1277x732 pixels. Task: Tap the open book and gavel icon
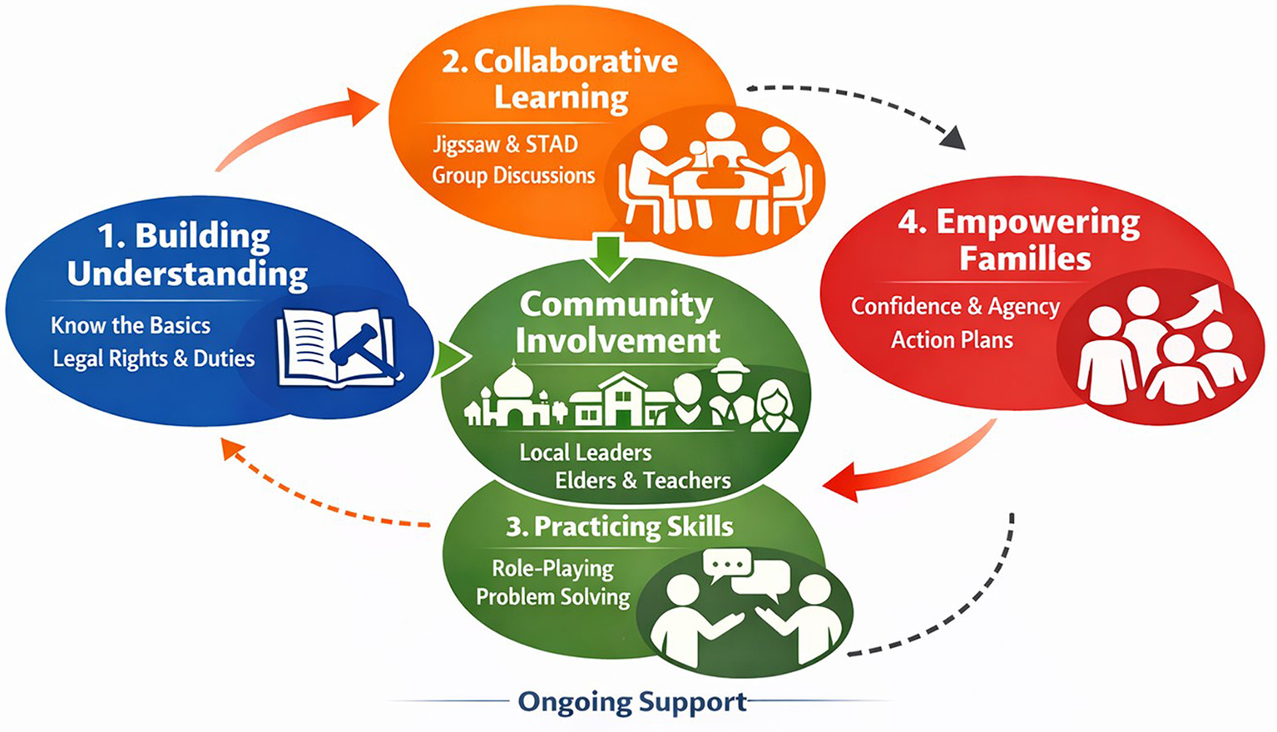coord(336,349)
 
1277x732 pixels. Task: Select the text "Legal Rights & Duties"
coord(154,359)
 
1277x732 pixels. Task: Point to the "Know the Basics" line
coord(131,325)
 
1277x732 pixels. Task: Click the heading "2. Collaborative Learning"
coord(560,79)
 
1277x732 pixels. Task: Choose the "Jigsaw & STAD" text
coord(505,145)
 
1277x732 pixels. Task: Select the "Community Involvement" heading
coord(616,322)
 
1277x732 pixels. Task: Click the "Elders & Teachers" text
coord(643,481)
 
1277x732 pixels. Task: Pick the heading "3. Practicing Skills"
coord(620,527)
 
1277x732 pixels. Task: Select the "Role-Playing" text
coord(552,568)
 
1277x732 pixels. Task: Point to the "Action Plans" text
coord(952,340)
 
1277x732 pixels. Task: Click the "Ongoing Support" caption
coord(632,702)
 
